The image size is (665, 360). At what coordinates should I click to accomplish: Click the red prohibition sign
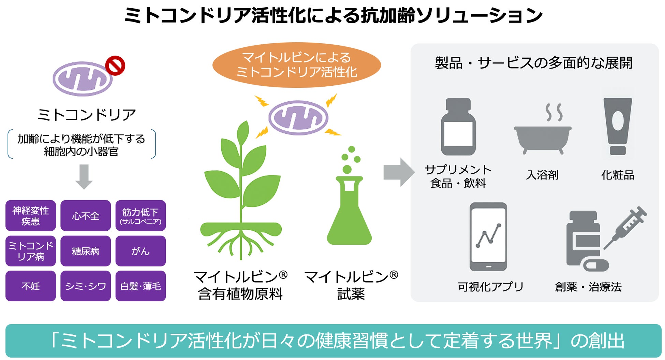click(115, 66)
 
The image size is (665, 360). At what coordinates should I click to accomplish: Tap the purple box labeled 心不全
click(86, 216)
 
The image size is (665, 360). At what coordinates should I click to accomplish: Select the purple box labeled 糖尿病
click(86, 251)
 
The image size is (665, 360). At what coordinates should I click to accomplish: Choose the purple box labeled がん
click(141, 251)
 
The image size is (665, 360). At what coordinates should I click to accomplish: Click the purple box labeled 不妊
click(31, 286)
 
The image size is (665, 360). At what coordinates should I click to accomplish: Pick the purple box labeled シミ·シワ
click(86, 286)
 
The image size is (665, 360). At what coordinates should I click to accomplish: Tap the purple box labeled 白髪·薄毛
click(141, 286)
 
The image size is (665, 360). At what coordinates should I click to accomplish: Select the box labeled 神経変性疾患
click(31, 216)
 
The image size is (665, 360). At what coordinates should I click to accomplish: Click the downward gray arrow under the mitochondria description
click(84, 176)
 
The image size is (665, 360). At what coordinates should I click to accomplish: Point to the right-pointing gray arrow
click(398, 172)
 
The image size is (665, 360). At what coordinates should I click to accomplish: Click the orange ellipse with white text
click(296, 65)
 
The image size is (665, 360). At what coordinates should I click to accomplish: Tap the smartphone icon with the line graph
click(488, 237)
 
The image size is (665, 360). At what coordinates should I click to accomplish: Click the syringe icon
click(626, 227)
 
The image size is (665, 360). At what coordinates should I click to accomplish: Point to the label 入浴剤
click(542, 175)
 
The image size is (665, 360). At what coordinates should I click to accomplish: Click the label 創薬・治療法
click(588, 287)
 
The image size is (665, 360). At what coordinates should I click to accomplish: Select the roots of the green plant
click(241, 244)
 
